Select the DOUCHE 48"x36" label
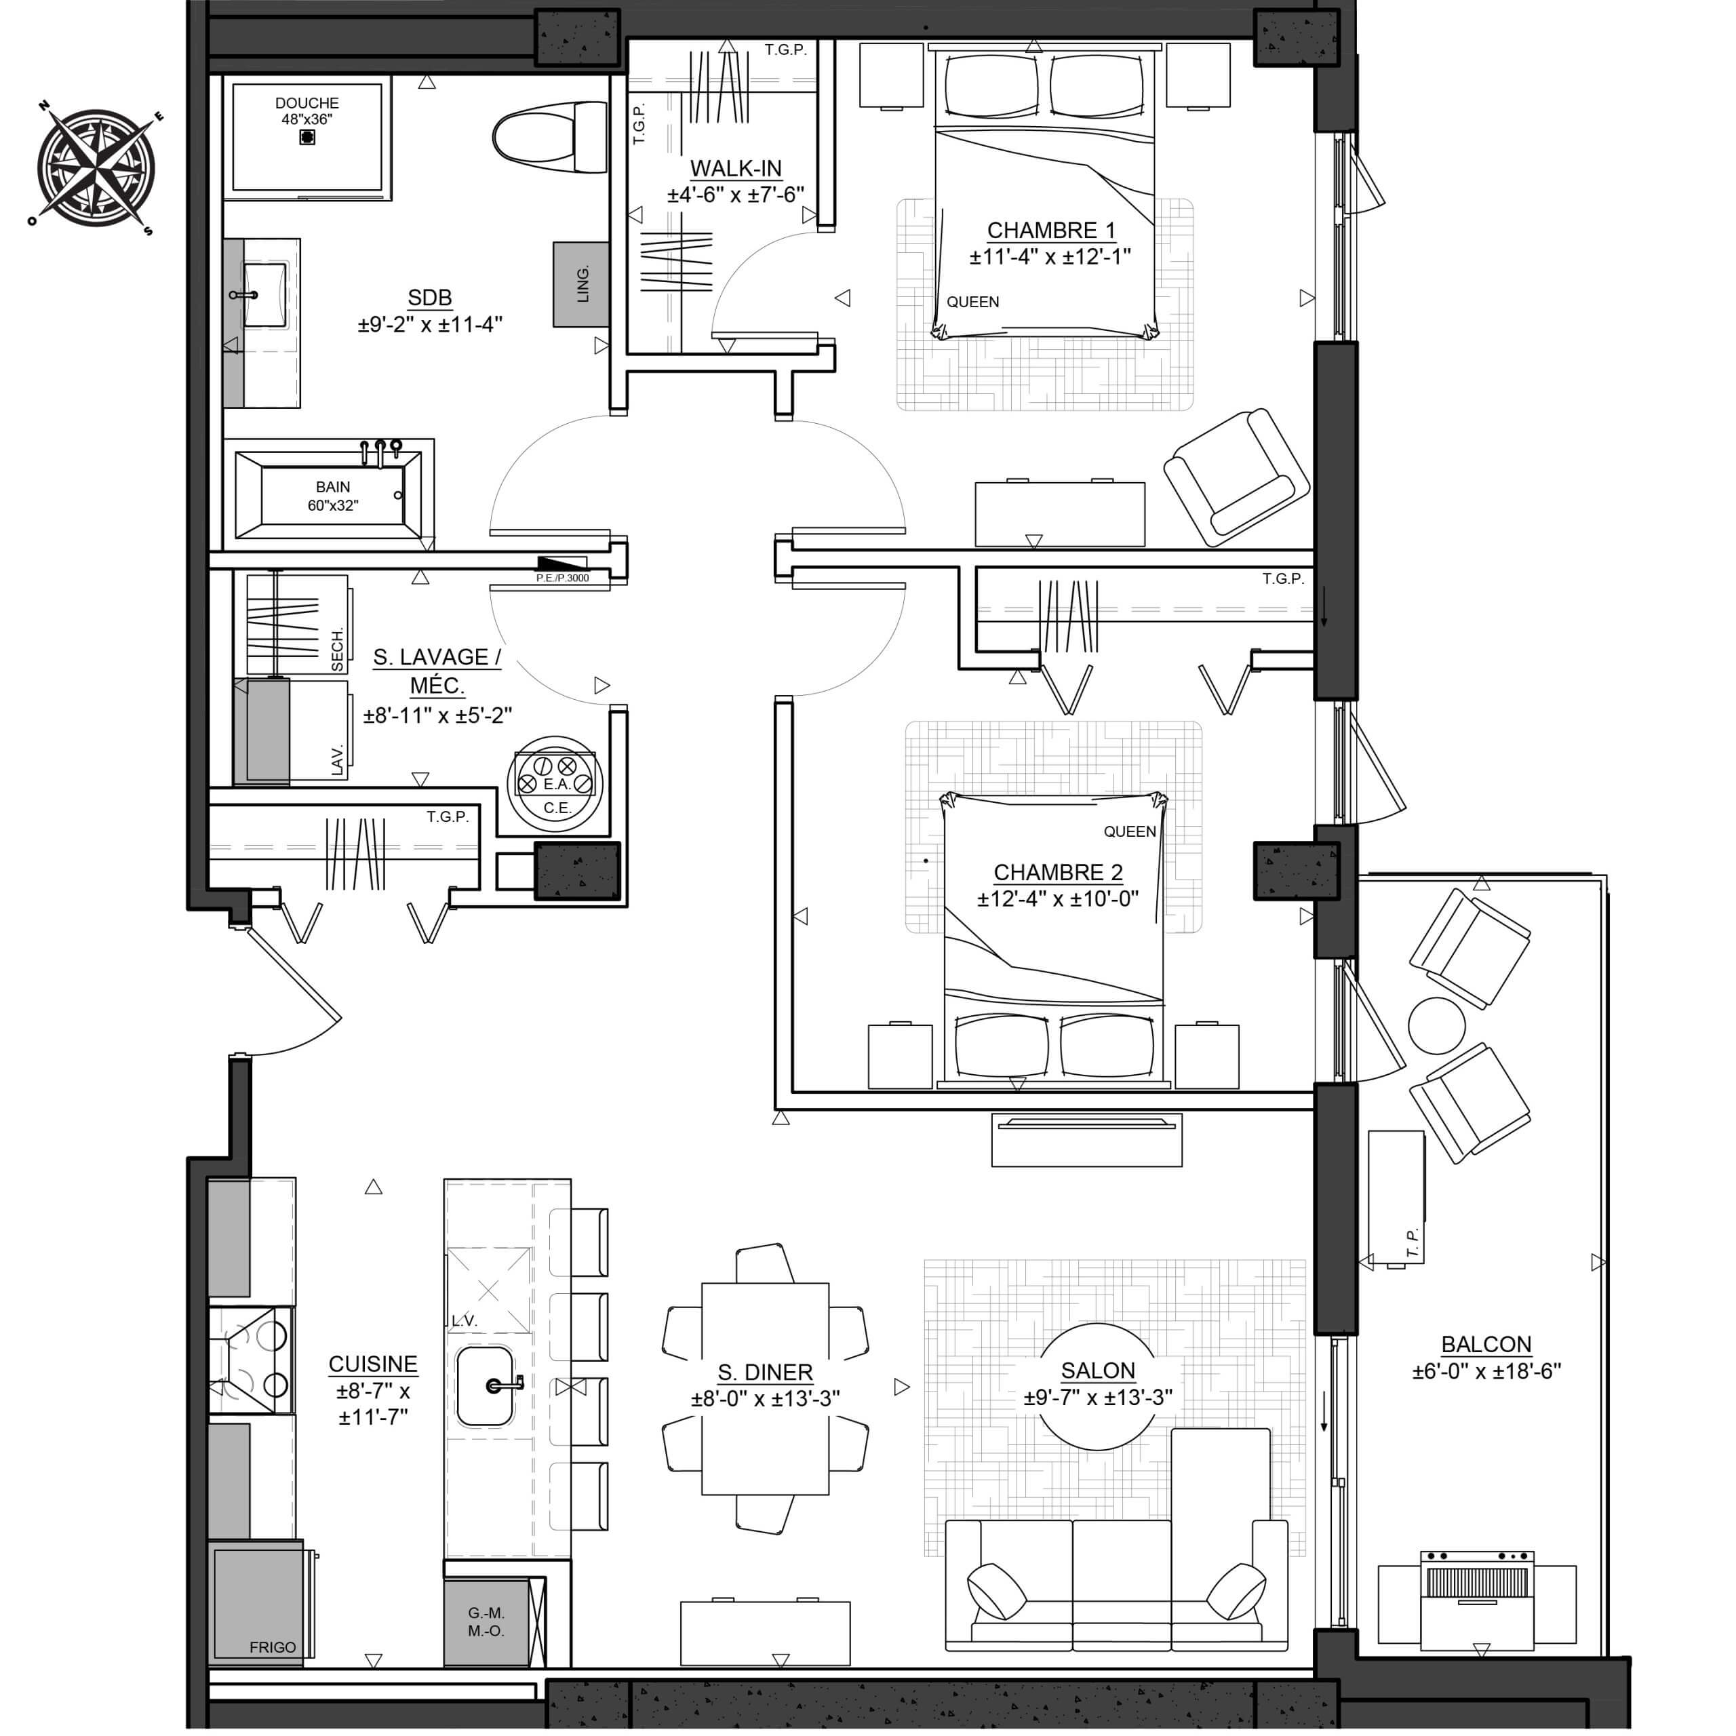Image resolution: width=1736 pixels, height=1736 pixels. point(307,111)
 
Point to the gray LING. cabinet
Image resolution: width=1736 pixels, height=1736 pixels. point(581,284)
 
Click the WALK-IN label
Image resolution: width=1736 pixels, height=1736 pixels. point(736,168)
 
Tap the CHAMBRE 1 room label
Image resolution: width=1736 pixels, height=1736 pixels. point(1050,231)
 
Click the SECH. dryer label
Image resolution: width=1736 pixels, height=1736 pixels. point(338,649)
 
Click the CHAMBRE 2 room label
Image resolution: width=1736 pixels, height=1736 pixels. point(1058,873)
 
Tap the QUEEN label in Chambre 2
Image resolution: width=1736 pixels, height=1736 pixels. point(1130,832)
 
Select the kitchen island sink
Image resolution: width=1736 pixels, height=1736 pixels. point(486,1387)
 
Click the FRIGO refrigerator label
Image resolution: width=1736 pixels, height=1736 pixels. point(272,1647)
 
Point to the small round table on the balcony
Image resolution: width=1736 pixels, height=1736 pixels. point(1437,1025)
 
